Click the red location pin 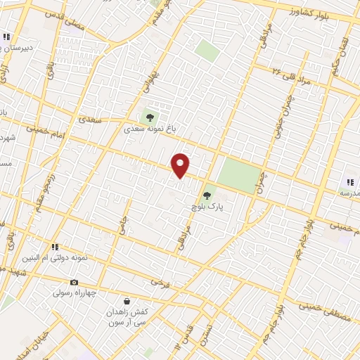click(181, 166)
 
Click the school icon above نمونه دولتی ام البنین click(53, 247)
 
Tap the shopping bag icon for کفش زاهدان click(127, 300)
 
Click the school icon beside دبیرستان click(6, 37)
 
